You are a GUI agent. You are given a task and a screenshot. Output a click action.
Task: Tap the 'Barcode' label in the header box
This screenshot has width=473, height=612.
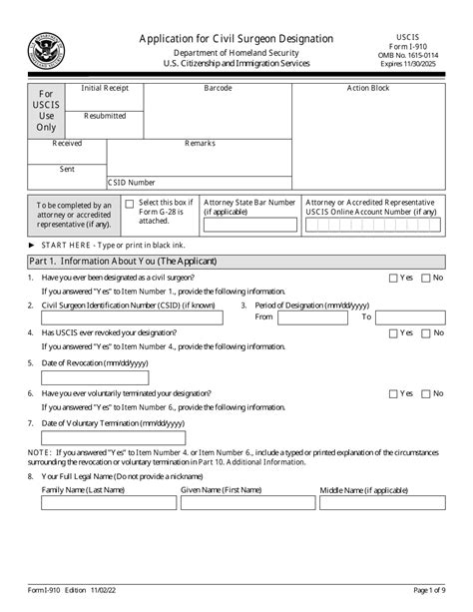tap(218, 89)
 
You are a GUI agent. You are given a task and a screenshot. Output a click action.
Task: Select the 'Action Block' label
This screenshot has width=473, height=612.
tap(368, 89)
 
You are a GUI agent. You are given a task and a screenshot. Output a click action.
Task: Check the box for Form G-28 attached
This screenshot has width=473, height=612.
tap(130, 203)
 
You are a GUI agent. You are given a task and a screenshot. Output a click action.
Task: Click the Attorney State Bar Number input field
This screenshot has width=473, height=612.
tap(248, 226)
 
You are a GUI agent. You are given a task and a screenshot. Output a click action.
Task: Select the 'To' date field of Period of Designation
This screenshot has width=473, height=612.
tap(410, 316)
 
